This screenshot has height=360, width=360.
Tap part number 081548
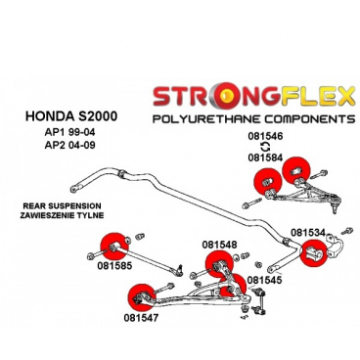pyautogui.click(x=219, y=244)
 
